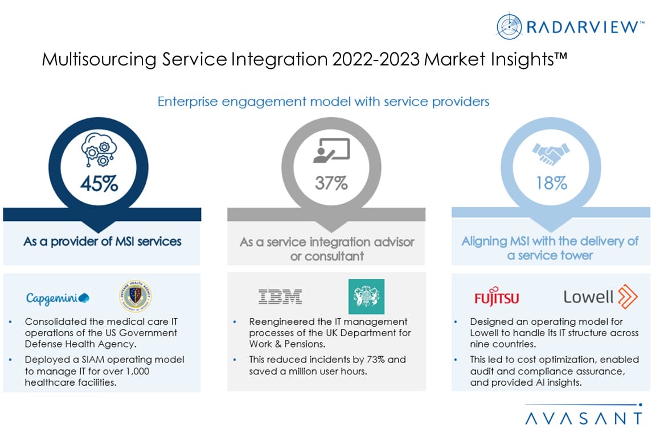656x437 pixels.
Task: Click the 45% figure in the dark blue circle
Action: (99, 184)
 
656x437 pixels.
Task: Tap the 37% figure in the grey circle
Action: (331, 183)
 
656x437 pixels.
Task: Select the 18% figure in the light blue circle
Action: (551, 183)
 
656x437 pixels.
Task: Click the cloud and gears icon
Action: (99, 150)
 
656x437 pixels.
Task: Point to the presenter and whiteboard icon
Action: (331, 151)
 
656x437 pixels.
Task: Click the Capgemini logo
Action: (58, 298)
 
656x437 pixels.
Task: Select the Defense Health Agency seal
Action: (135, 296)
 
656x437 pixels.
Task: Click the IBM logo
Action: (280, 296)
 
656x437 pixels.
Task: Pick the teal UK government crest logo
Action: (367, 296)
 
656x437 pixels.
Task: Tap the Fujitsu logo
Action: (497, 296)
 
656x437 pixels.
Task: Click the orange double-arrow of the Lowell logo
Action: (628, 296)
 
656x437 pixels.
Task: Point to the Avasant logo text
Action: (584, 418)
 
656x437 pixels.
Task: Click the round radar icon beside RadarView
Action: (509, 26)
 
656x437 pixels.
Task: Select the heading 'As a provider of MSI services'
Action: (102, 241)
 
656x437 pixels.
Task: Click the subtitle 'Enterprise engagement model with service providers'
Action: (323, 102)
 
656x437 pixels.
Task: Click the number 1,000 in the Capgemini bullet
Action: (138, 372)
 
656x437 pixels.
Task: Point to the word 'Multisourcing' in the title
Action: (99, 59)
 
